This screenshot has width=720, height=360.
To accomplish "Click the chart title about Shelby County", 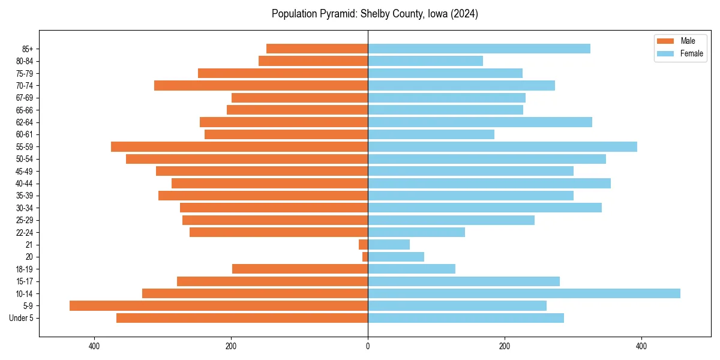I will (x=374, y=14).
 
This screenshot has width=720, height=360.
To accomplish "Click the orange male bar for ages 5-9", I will (x=218, y=306).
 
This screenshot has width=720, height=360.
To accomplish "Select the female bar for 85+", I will (x=479, y=49).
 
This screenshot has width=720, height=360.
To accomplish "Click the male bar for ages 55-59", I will (x=239, y=147).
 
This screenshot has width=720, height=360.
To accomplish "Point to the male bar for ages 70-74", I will (x=261, y=86).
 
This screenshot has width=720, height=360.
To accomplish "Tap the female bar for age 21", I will (x=389, y=245).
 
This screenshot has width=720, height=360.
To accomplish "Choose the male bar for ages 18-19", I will (x=300, y=269).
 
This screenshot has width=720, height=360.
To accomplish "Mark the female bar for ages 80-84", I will (x=425, y=61).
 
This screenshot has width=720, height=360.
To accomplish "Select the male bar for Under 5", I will (x=242, y=318).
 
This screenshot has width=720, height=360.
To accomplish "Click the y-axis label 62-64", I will (x=25, y=122).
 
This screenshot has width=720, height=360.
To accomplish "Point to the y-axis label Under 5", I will (x=22, y=318).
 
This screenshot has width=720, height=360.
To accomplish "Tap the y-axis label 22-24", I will (x=25, y=233).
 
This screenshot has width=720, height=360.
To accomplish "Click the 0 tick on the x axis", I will (x=368, y=346).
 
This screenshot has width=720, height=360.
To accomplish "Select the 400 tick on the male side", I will (x=94, y=346).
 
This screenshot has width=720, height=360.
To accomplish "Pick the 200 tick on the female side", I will (x=505, y=346).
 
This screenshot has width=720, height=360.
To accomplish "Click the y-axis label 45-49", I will (x=25, y=172).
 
